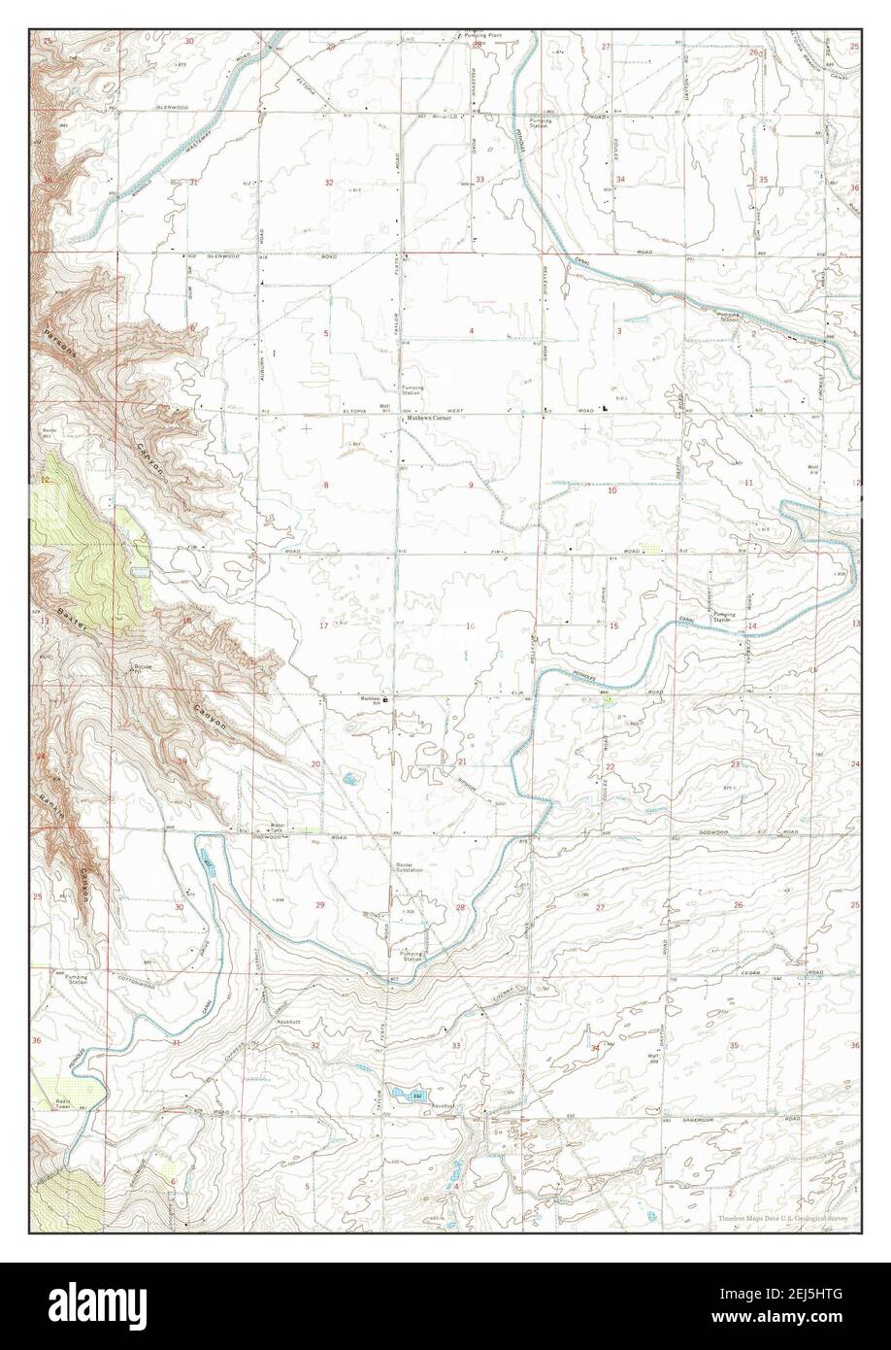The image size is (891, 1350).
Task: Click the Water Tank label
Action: click(x=278, y=829)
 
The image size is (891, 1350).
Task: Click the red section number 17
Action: click(x=323, y=625)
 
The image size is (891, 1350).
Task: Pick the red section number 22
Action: click(x=610, y=767)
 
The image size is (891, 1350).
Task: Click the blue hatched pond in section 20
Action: click(x=347, y=778)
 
